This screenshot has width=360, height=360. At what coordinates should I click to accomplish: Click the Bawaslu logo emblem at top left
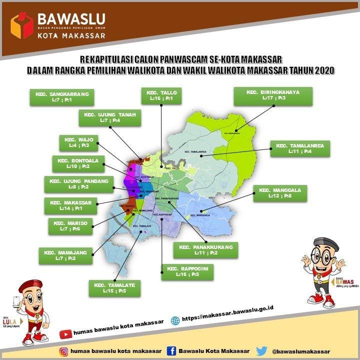coord(22,25)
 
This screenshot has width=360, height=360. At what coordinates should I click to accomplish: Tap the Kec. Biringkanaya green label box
coord(273,95)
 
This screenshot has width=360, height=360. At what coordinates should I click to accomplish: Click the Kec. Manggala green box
coord(280,193)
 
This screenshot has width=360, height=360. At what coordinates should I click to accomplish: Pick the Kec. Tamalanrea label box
coord(300,148)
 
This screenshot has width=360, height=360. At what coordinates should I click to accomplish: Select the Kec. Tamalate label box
coord(114,287)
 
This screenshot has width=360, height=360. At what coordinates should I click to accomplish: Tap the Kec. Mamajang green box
coord(66,255)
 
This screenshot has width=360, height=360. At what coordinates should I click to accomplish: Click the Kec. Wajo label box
coord(79,142)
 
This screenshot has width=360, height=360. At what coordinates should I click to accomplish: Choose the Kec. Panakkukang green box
coord(206,250)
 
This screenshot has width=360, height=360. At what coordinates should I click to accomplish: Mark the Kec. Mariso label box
coord(70,226)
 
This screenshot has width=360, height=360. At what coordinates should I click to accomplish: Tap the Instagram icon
coord(63,351)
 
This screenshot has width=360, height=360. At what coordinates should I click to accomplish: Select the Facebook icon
coord(171,350)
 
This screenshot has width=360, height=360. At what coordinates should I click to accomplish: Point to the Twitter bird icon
coord(261,350)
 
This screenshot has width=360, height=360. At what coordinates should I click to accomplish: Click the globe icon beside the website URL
coord(175,320)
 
